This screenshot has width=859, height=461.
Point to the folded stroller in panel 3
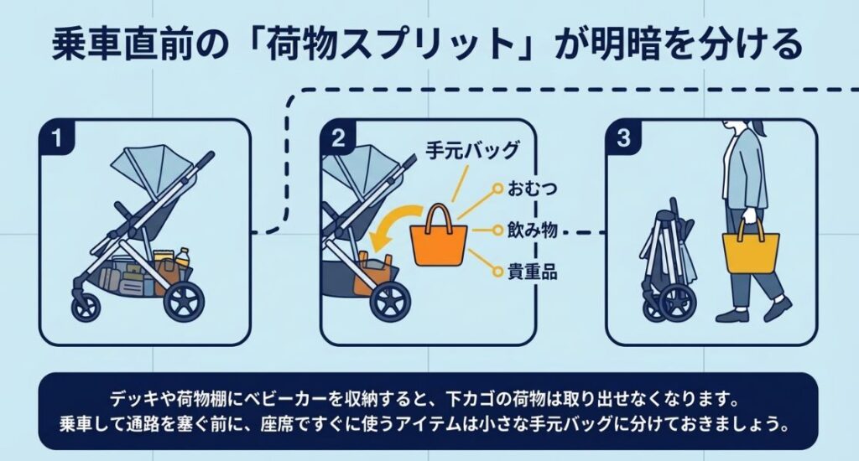pos(667,264)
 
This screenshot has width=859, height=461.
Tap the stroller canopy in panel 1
pos(143,172)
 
